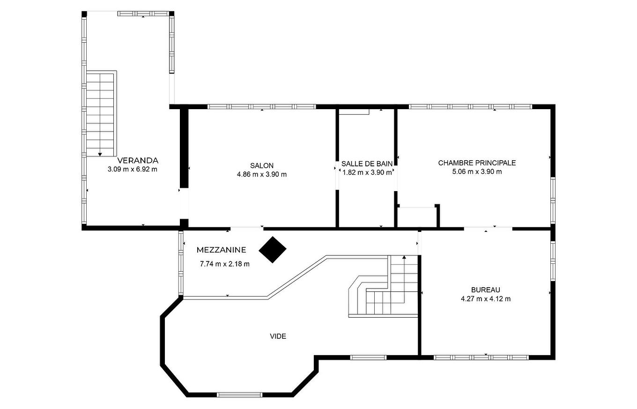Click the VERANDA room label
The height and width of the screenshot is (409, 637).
(138, 160)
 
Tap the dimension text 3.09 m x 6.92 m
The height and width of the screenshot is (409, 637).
(132, 170)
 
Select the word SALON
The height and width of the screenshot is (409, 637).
(262, 165)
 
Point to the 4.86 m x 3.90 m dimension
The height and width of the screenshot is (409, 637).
(262, 174)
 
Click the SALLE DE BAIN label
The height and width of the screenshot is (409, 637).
(367, 164)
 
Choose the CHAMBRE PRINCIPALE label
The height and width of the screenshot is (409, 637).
(477, 163)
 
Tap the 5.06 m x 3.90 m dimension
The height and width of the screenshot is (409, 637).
(477, 171)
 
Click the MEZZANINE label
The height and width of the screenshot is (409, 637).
(222, 250)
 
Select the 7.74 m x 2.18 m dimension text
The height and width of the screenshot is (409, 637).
(225, 264)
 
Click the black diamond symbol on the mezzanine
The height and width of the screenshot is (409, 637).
(273, 250)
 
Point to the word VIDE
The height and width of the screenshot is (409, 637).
(278, 336)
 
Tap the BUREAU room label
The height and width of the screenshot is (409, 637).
(486, 290)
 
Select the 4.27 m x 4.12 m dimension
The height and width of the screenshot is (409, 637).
(486, 299)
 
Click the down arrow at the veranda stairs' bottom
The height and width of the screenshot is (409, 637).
(100, 154)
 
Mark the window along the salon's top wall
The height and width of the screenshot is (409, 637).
(262, 107)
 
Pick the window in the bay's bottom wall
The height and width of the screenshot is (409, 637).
(239, 394)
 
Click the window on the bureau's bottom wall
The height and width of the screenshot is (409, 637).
(481, 357)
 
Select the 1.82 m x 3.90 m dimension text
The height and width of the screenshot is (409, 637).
(367, 172)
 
